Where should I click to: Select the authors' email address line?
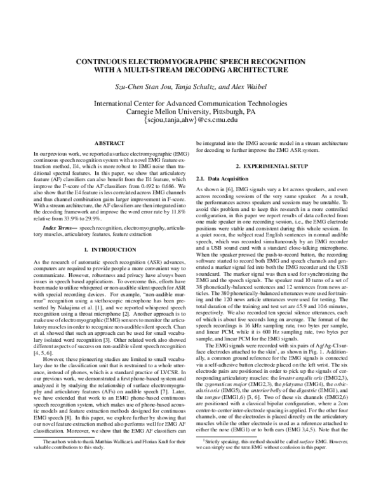click(190, 119)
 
